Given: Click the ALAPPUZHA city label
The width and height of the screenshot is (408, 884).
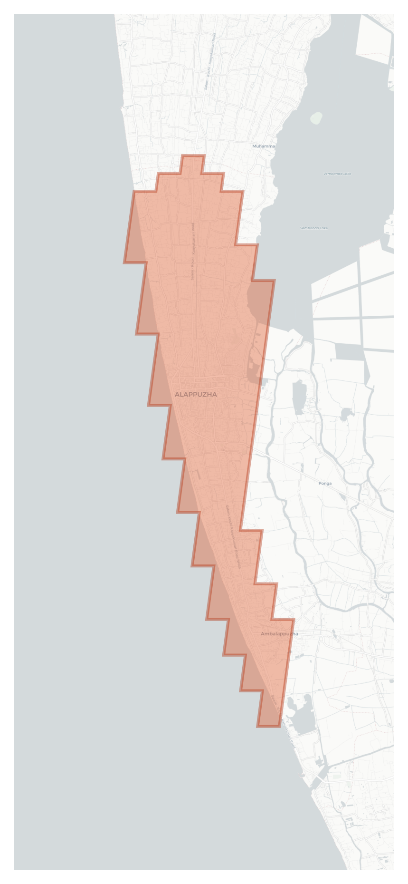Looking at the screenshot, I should point(196,394).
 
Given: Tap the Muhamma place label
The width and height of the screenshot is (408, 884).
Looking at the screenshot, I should point(264,146).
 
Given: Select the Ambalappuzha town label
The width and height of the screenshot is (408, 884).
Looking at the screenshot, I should point(279,634).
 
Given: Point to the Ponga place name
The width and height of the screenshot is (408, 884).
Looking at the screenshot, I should point(325,483).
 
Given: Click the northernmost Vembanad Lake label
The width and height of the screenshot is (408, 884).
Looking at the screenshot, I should point(337,174).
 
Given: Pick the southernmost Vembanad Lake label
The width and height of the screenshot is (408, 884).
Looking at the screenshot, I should point(313,228).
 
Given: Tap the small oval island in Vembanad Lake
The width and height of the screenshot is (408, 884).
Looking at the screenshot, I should point(316,117).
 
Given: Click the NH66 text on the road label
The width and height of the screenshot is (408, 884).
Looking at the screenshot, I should point(239,563).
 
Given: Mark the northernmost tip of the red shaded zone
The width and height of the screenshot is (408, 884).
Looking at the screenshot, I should point(193,155).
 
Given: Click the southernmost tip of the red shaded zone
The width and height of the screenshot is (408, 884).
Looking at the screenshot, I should point(268,726).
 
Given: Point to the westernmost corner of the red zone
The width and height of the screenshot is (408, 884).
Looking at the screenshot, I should point(124,262).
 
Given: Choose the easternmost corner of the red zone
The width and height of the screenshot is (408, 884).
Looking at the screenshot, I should point(294,620).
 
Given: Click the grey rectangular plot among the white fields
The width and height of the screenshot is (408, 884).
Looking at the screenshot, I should point(349,351).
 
